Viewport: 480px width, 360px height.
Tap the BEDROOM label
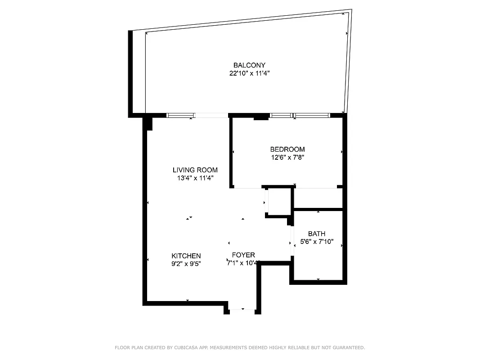[x=287, y=149]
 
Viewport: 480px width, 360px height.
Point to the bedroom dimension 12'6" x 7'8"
[x=287, y=157]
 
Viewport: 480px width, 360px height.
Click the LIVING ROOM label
[x=195, y=170]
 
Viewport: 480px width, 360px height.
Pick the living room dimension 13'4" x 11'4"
[x=195, y=178]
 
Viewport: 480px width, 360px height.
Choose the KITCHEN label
[x=186, y=256]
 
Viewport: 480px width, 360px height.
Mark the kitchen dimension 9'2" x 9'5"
[x=186, y=264]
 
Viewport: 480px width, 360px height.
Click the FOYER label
[x=243, y=255]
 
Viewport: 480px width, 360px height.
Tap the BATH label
[x=316, y=234]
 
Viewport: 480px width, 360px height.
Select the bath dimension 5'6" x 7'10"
[x=316, y=242]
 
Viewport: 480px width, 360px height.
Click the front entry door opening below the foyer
[x=242, y=310]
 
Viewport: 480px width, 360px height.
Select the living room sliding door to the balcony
[x=197, y=115]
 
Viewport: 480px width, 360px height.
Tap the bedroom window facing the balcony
[x=300, y=115]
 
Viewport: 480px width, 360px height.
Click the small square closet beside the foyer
[x=279, y=202]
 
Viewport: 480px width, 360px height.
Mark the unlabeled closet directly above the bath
[x=318, y=198]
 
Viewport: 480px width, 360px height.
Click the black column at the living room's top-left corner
[x=147, y=123]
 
